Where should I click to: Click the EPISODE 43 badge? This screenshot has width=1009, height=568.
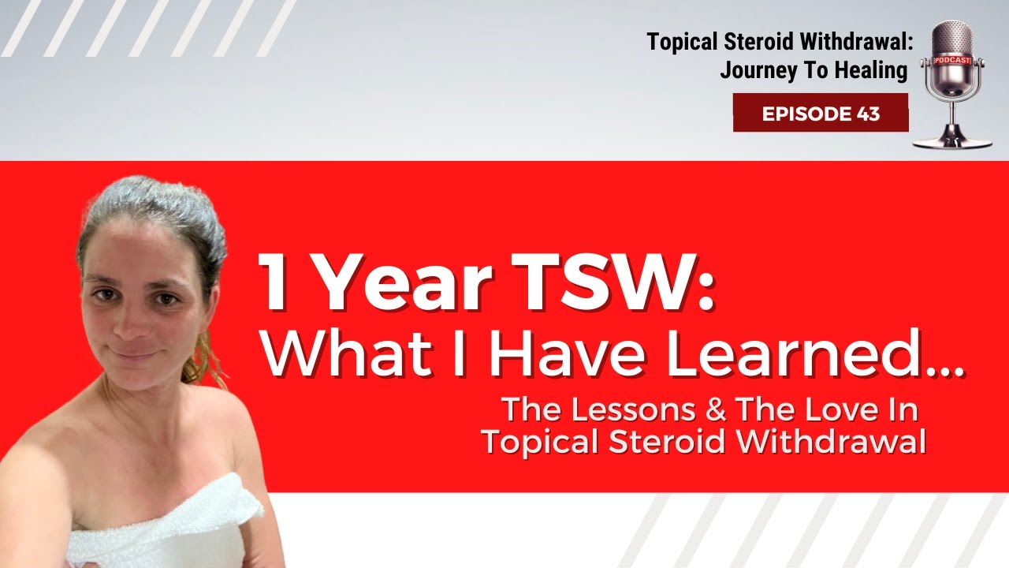[x=821, y=113]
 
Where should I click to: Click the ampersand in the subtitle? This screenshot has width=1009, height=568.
[x=718, y=410]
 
